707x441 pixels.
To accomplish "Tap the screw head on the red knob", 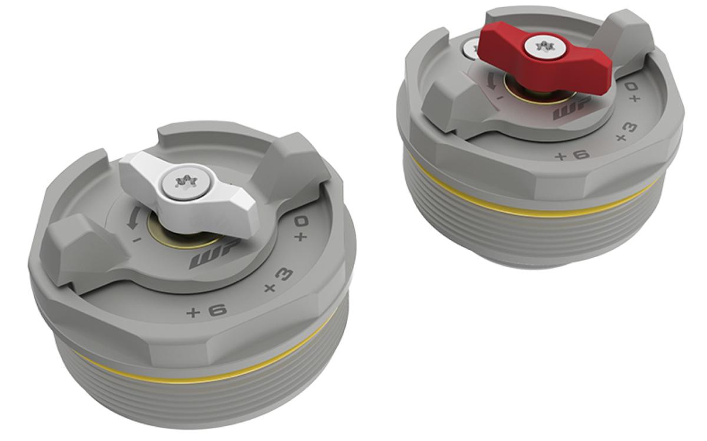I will point(544,45).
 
